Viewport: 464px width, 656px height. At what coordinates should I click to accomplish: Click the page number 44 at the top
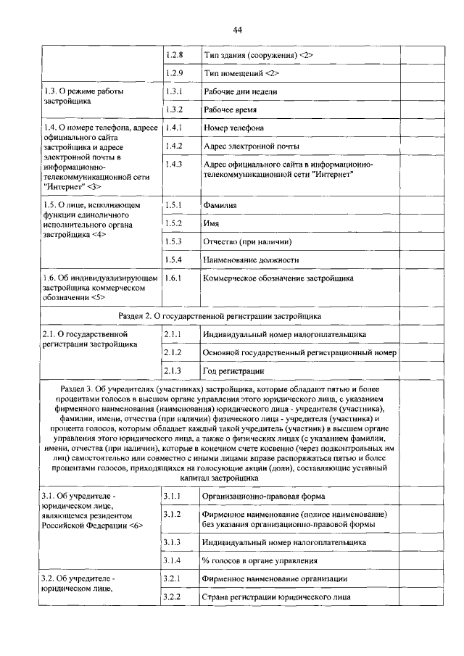(237, 30)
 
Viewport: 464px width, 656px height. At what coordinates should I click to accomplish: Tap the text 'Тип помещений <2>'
(241, 74)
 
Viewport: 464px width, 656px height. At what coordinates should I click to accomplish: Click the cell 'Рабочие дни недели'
(241, 92)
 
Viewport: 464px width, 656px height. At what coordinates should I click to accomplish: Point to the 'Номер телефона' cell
(233, 128)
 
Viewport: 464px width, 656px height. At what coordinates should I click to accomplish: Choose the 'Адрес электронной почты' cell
(251, 146)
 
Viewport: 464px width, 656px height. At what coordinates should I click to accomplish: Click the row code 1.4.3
(174, 165)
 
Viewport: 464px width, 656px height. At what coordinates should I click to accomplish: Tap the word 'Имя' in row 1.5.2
(212, 223)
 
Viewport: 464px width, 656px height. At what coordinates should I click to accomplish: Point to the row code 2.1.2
(172, 352)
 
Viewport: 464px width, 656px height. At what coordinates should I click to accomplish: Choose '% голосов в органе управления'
(260, 560)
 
